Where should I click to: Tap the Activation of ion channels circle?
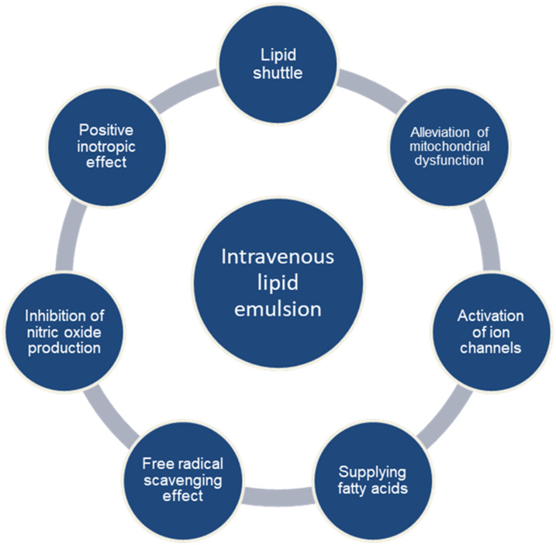click(x=490, y=331)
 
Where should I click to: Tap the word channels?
click(x=491, y=347)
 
